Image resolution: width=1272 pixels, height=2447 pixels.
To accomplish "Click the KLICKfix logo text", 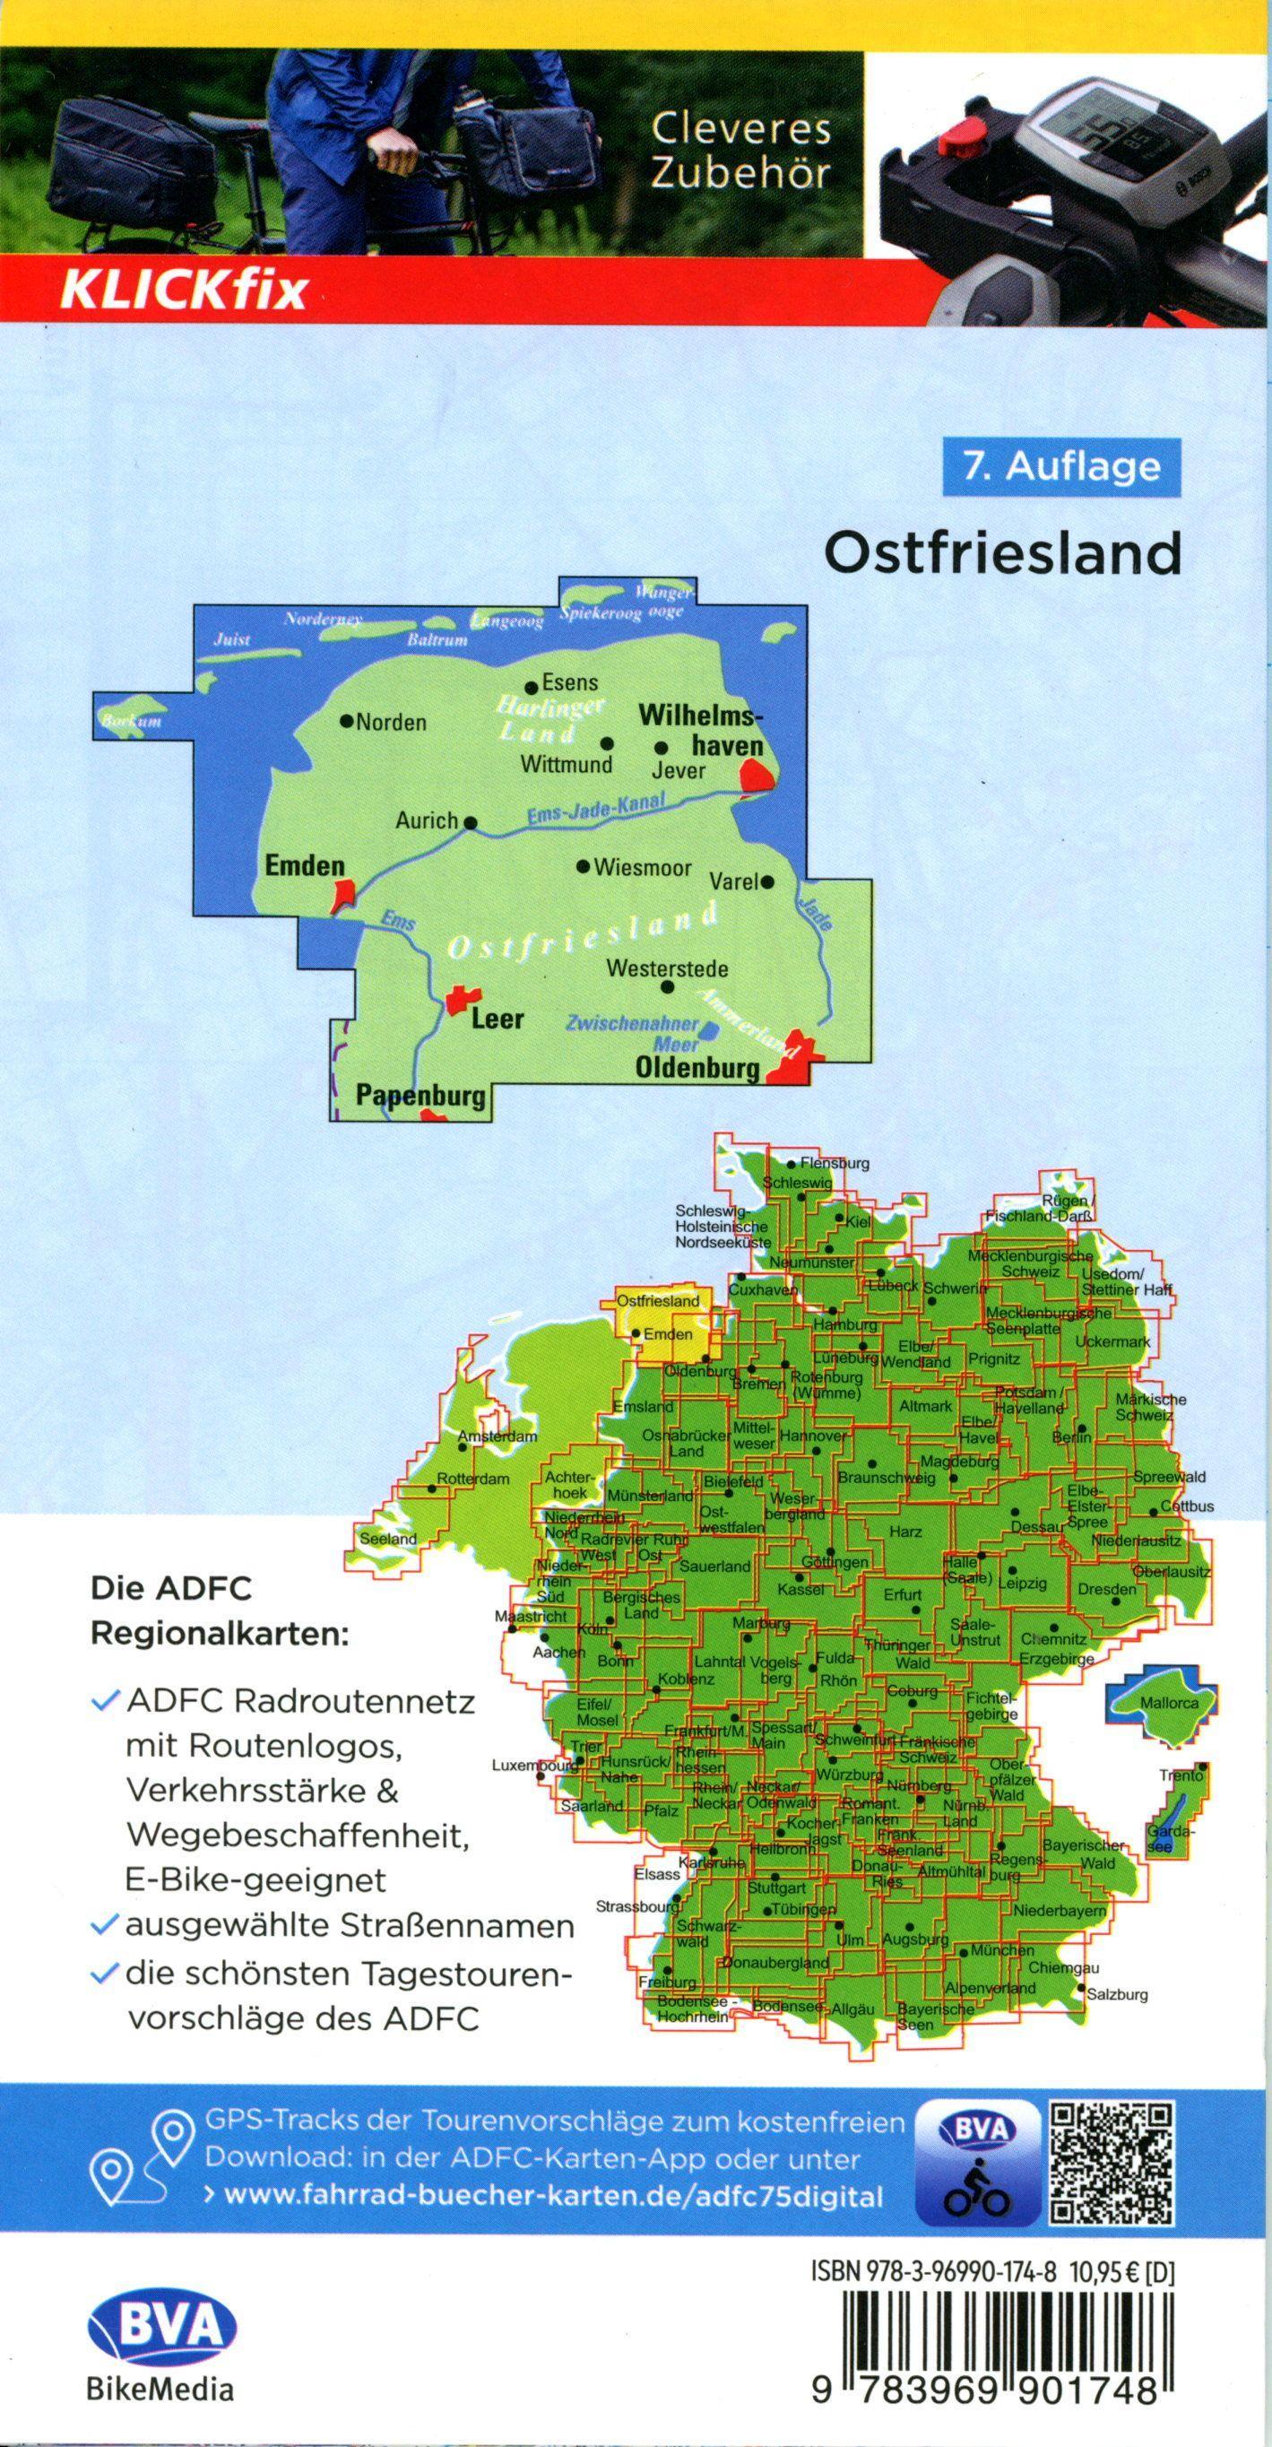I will pos(185,289).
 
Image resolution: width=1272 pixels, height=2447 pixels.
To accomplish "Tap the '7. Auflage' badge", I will pos(1062,466).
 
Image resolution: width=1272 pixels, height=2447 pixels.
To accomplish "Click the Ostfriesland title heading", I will pos(1002,553).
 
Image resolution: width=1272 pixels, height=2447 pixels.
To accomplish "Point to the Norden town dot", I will pos(347,721).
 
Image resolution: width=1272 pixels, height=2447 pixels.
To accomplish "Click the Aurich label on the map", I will pos(427,820).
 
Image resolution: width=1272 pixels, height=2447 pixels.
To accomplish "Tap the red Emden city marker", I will pos(343,894).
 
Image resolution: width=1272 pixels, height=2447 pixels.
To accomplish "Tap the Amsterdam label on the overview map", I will pos(498,1437).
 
